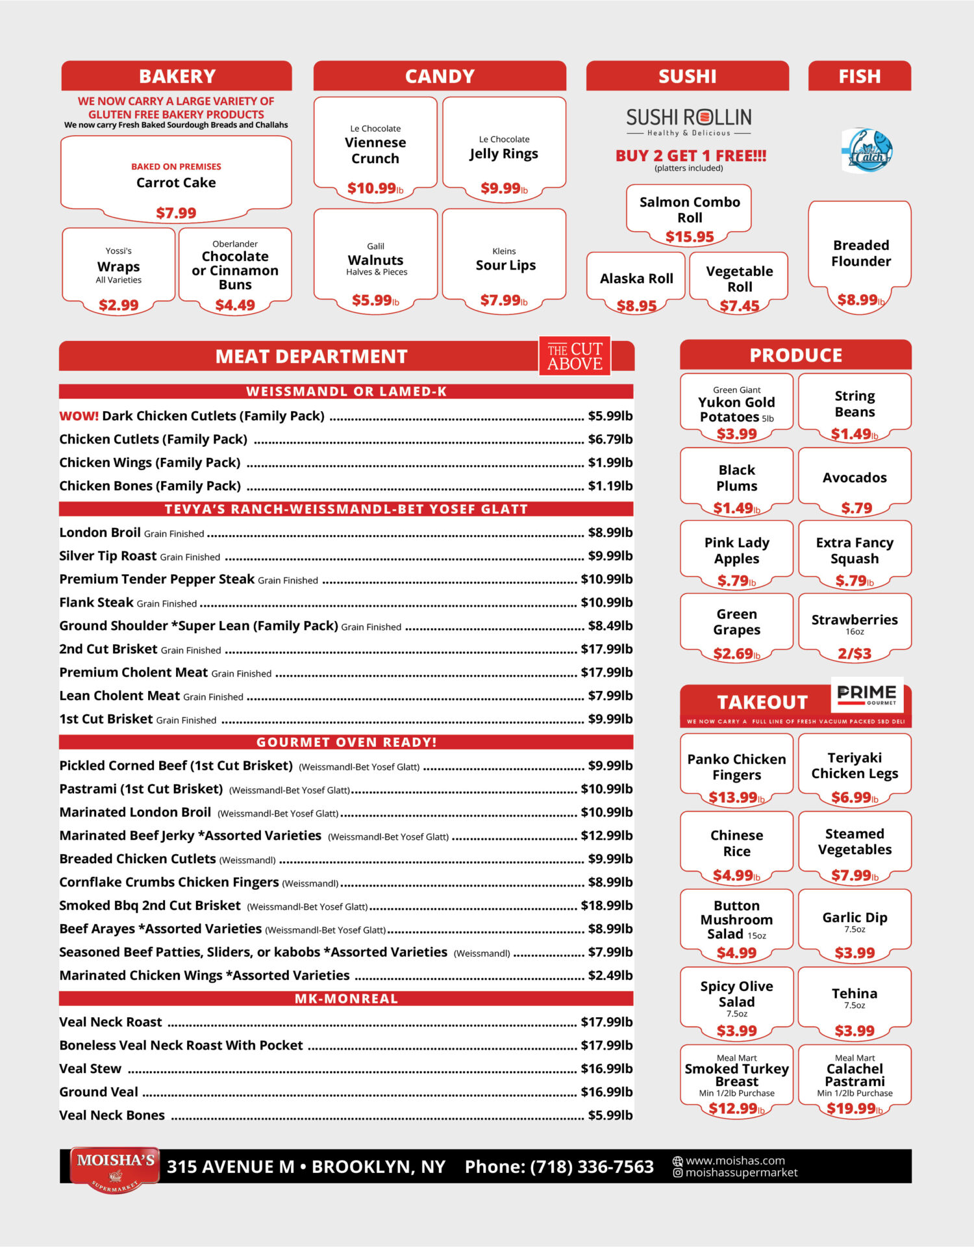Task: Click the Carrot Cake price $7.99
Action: pyautogui.click(x=176, y=213)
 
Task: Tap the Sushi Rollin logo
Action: pyautogui.click(x=688, y=121)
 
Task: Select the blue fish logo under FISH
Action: pyautogui.click(x=868, y=150)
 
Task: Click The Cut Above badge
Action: pyautogui.click(x=575, y=357)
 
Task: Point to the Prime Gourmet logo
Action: pyautogui.click(x=867, y=694)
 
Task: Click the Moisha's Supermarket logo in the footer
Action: pyautogui.click(x=115, y=1168)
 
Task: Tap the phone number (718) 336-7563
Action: pyautogui.click(x=592, y=1167)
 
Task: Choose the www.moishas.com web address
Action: pyautogui.click(x=735, y=1161)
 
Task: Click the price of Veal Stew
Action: pyautogui.click(x=606, y=1069)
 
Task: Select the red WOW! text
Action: pyautogui.click(x=79, y=416)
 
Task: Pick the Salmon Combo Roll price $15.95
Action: pyautogui.click(x=690, y=237)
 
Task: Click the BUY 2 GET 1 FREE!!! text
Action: pyautogui.click(x=691, y=156)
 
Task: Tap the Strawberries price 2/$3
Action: pyautogui.click(x=855, y=653)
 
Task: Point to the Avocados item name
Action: pyautogui.click(x=855, y=478)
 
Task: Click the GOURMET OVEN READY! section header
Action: pyautogui.click(x=346, y=742)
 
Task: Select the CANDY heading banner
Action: pyautogui.click(x=440, y=77)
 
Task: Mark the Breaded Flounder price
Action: pyautogui.click(x=860, y=300)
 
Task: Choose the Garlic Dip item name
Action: pyautogui.click(x=855, y=918)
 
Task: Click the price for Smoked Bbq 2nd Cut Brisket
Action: pyautogui.click(x=606, y=905)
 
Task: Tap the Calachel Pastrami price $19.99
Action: pyautogui.click(x=855, y=1109)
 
